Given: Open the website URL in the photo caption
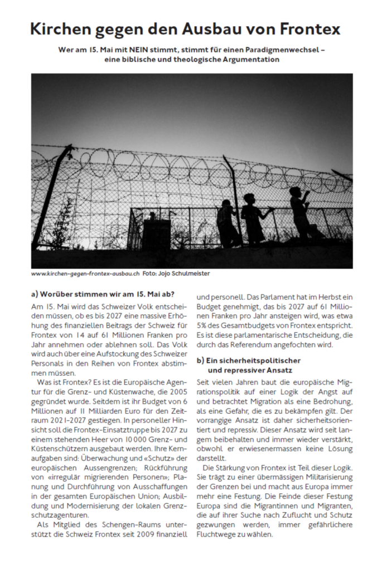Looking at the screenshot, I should (x=85, y=273).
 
